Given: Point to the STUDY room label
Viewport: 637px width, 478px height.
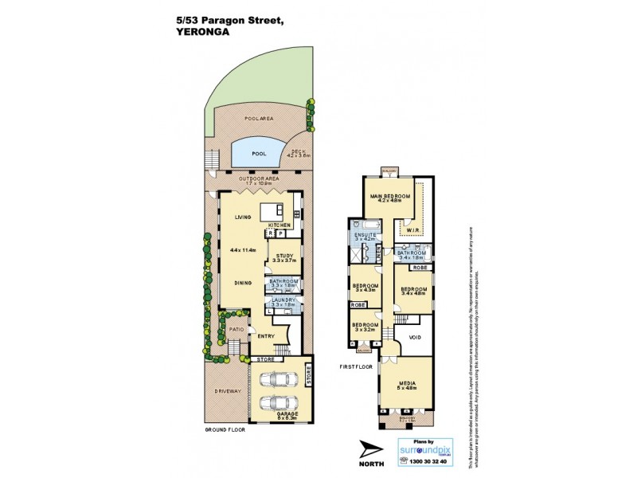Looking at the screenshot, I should click(x=284, y=255).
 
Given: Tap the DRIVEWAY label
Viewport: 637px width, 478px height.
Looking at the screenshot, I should click(x=227, y=391).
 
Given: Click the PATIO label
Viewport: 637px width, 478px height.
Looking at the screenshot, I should click(x=236, y=329).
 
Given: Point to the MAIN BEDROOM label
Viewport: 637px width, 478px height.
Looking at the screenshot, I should click(x=389, y=196).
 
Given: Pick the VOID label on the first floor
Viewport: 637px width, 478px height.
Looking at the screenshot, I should click(x=414, y=337).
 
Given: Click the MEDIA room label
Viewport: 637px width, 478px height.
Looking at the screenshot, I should click(x=406, y=383).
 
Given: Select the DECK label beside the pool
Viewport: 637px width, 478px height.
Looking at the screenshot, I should click(x=298, y=151).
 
